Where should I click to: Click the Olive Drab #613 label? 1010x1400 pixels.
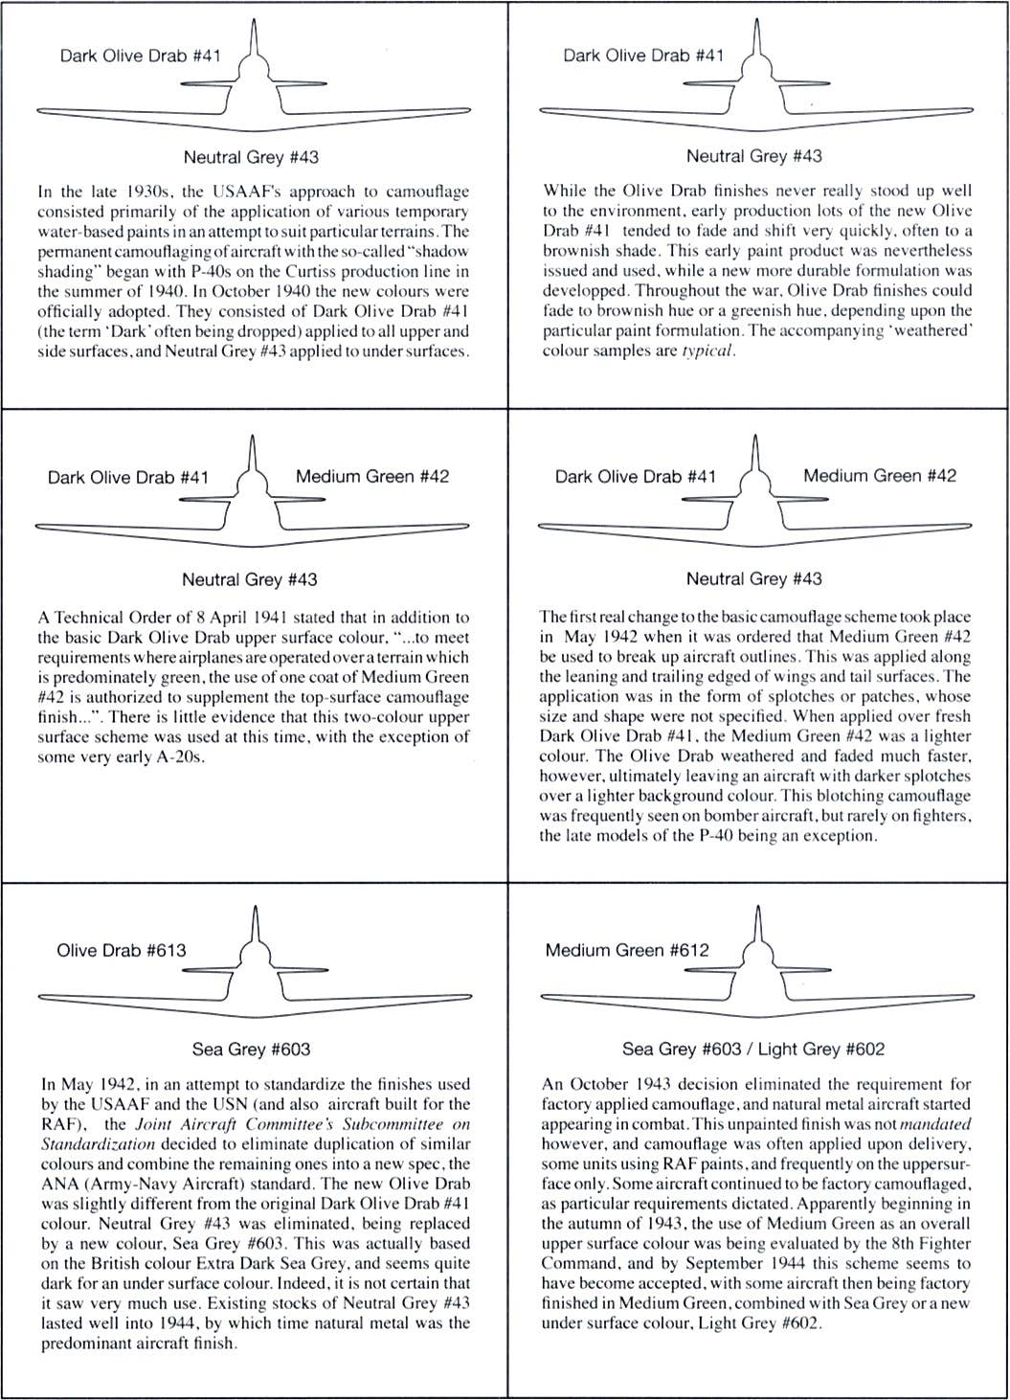pyautogui.click(x=122, y=951)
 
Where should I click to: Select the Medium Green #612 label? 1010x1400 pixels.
pyautogui.click(x=627, y=951)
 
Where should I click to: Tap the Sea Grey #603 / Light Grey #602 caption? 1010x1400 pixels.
pyautogui.click(x=753, y=1050)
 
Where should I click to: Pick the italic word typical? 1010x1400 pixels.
pyautogui.click(x=708, y=350)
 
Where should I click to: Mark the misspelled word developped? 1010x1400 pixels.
pyautogui.click(x=581, y=291)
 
